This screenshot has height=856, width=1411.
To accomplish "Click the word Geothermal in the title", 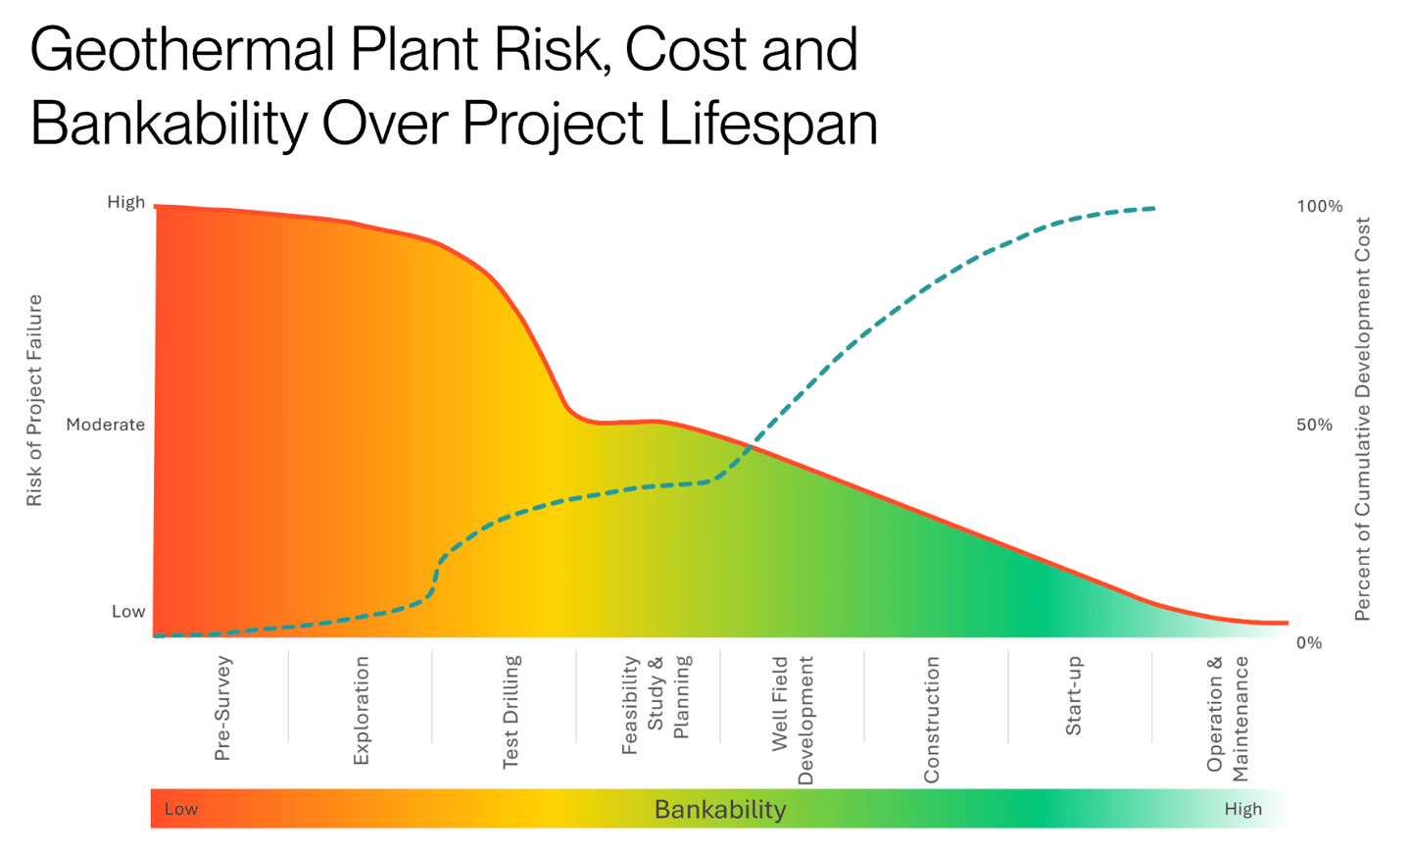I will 182,49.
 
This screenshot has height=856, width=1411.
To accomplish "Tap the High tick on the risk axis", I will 125,202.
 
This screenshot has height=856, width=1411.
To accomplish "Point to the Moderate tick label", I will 105,425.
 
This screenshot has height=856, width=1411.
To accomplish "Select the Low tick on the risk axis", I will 127,611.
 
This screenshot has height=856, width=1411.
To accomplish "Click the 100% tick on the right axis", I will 1319,206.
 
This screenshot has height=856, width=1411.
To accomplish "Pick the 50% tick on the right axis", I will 1314,425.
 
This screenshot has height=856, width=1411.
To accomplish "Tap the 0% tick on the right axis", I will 1308,642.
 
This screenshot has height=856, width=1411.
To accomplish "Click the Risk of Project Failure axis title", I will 34,400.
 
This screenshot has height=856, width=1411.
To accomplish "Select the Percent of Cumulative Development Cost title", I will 1362,419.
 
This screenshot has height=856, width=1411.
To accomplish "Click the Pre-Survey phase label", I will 222,708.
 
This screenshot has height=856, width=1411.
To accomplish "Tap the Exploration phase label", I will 361,711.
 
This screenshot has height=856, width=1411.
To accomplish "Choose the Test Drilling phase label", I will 511,712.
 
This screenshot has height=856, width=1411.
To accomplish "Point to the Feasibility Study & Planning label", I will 656,704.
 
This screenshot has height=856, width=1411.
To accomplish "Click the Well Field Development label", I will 792,720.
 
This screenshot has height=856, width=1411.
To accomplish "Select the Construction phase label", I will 931,720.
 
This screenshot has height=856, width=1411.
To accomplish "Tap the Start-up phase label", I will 1074,696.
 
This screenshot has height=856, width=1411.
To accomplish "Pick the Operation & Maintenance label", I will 1227,718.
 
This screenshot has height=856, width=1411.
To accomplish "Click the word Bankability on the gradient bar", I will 719,809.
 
